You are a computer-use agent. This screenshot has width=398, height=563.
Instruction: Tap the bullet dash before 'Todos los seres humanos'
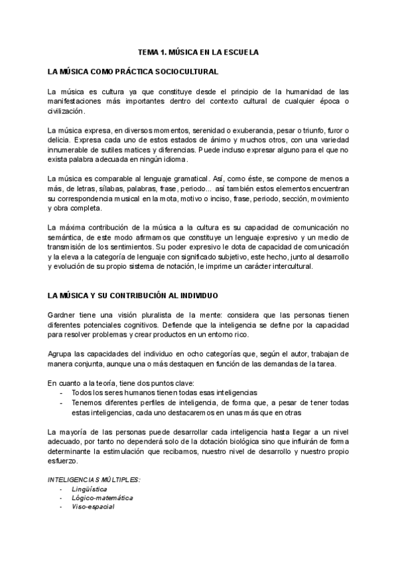(62, 393)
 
